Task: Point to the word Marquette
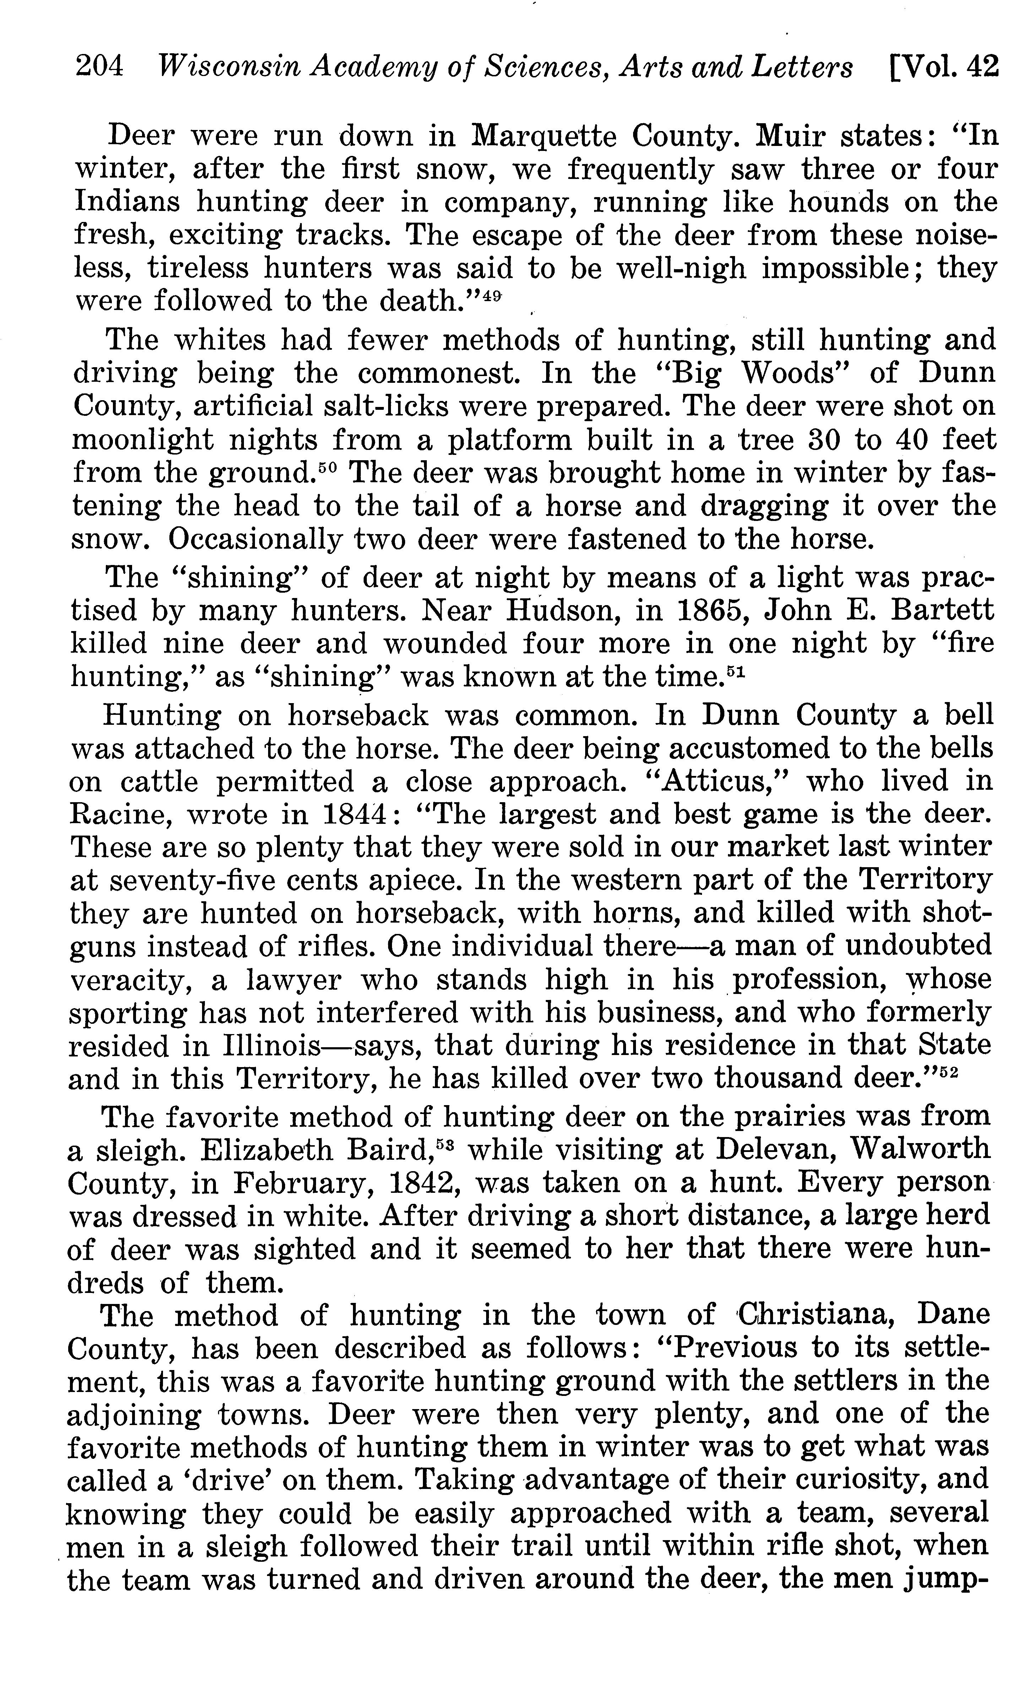[x=544, y=136]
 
